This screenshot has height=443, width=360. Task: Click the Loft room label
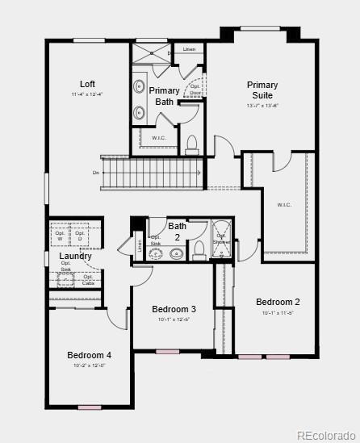click(x=88, y=84)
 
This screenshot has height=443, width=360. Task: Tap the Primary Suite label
click(x=262, y=90)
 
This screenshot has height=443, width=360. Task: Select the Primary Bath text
click(x=164, y=96)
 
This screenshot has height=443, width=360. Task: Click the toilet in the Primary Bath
click(x=192, y=145)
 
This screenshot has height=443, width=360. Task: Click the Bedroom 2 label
click(x=278, y=302)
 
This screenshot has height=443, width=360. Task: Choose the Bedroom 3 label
click(x=174, y=309)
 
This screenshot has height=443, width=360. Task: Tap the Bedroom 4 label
click(x=89, y=355)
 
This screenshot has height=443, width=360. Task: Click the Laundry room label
click(x=76, y=257)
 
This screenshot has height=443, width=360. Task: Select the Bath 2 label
click(x=178, y=232)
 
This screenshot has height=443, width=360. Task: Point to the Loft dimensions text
click(x=88, y=95)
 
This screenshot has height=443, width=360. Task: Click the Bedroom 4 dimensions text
click(x=89, y=366)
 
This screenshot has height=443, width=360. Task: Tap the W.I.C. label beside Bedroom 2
click(x=284, y=204)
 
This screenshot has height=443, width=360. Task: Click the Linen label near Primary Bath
click(x=189, y=50)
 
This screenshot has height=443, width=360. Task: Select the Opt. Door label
click(x=195, y=89)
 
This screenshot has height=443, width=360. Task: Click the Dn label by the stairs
click(x=96, y=173)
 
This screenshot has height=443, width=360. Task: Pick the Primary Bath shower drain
click(x=169, y=54)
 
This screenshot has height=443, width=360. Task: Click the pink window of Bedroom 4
click(x=89, y=407)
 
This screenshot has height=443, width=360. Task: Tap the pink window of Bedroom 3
click(x=168, y=352)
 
